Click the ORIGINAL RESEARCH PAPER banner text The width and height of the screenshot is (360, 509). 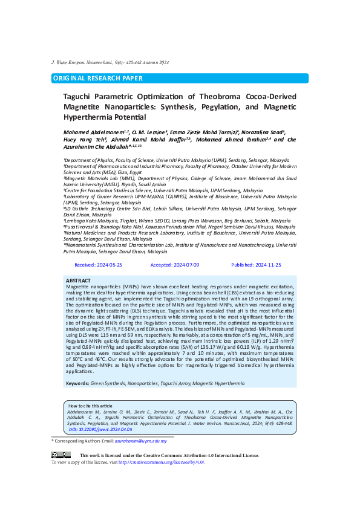pos(98,79)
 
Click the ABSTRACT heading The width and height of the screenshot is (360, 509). pos(79,280)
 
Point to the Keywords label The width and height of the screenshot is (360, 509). pos(77,366)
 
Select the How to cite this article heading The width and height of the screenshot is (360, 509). pos(90,406)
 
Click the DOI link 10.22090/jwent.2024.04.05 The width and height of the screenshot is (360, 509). pos(97,429)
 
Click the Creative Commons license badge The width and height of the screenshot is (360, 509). pos(61,455)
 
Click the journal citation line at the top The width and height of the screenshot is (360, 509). pos(110,63)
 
